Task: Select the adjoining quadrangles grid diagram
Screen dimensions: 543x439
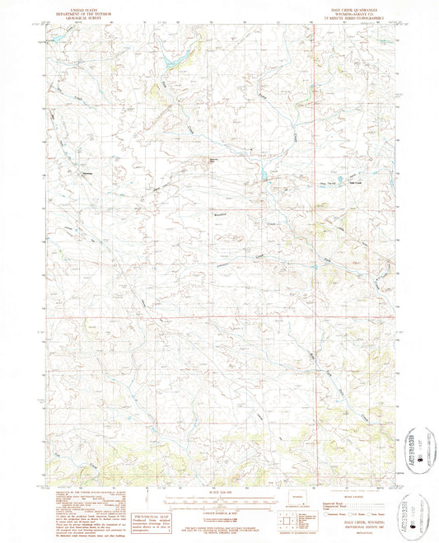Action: click(287, 521)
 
